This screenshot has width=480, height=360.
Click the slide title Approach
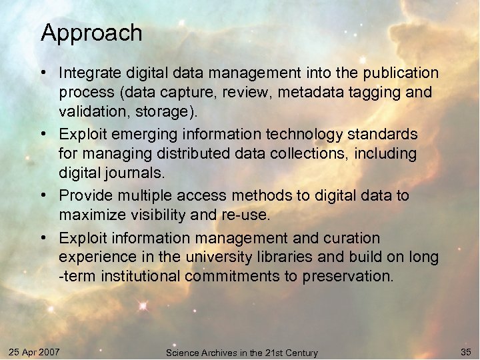click(91, 33)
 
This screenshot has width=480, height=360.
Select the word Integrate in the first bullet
click(85, 73)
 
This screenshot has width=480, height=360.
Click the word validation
click(92, 111)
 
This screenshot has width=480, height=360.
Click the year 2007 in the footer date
click(49, 351)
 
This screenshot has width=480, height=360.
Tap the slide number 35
click(465, 351)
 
